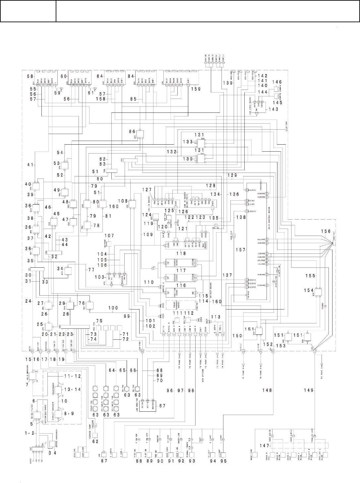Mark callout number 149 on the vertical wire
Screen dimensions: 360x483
(309, 390)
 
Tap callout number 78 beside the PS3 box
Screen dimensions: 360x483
(97, 225)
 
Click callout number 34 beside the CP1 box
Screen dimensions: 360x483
(60, 268)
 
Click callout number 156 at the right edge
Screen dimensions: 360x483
(326, 231)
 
